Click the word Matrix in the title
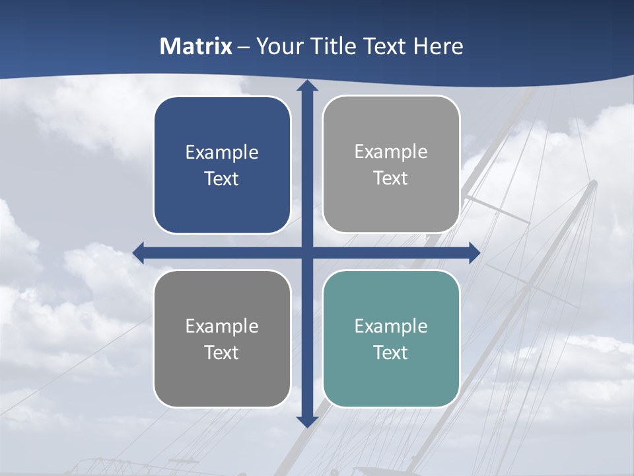pyautogui.click(x=196, y=46)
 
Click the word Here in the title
pyautogui.click(x=439, y=46)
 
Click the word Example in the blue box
pyautogui.click(x=222, y=153)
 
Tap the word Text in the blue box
pyautogui.click(x=222, y=178)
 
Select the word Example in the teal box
pyautogui.click(x=391, y=326)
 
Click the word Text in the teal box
pyautogui.click(x=391, y=352)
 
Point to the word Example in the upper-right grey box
pyautogui.click(x=391, y=152)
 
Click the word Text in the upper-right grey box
pyautogui.click(x=391, y=178)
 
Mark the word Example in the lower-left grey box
pyautogui.click(x=222, y=326)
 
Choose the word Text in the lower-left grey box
pyautogui.click(x=222, y=352)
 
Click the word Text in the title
pyautogui.click(x=386, y=46)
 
